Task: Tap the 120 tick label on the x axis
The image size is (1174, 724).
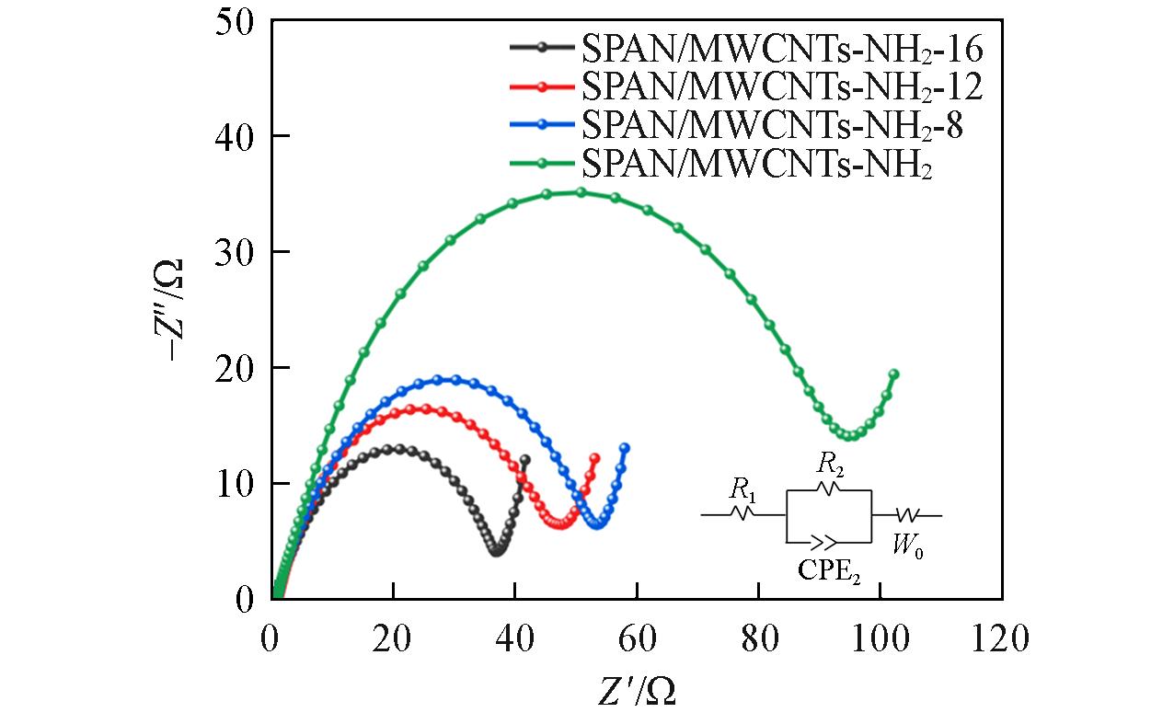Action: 1001,638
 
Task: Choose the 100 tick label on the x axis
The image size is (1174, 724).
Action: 879,638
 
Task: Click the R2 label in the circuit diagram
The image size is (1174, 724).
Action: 829,464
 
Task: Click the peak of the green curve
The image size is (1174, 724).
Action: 581,192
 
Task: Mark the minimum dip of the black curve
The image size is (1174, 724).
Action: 497,550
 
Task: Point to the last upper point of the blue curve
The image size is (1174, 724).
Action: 625,448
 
